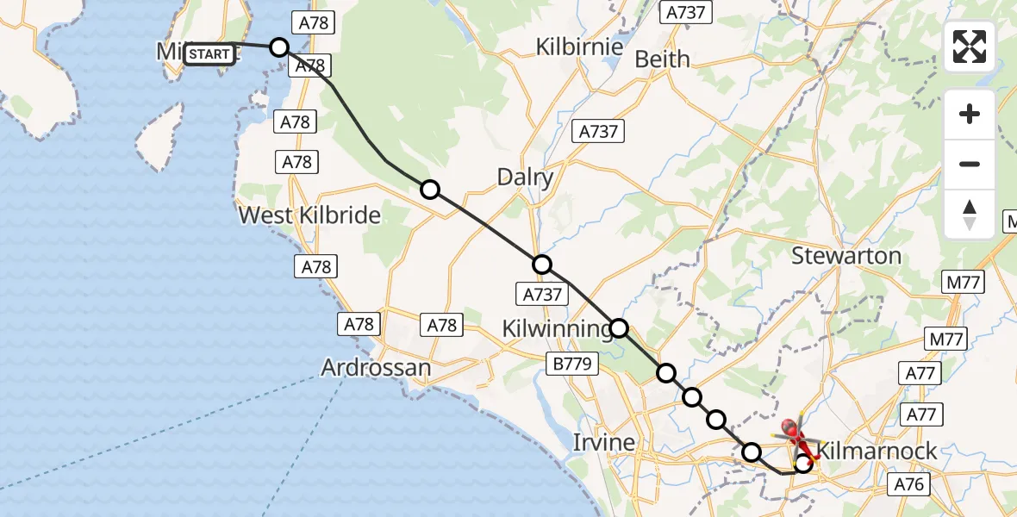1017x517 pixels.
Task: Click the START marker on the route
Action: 209,54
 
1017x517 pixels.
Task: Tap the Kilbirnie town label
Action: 579,47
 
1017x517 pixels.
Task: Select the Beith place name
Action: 662,59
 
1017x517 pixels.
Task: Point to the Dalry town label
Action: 525,178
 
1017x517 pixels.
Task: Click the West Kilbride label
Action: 309,215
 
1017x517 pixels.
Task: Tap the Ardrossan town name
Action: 376,368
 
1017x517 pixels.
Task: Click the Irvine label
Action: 604,443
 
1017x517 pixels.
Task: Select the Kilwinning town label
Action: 557,328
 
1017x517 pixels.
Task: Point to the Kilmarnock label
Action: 877,450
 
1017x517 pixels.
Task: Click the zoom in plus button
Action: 970,115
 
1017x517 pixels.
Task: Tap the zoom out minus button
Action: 970,164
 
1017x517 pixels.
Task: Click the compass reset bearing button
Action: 970,214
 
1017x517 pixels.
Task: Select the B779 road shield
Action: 572,364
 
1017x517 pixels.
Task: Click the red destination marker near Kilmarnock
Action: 790,428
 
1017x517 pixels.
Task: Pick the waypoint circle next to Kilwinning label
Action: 620,327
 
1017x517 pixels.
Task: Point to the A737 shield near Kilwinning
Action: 542,295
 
